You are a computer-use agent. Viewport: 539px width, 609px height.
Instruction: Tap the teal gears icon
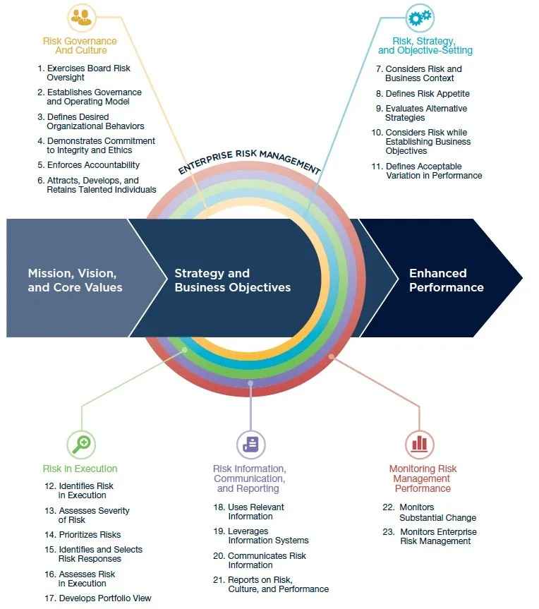pyautogui.click(x=419, y=17)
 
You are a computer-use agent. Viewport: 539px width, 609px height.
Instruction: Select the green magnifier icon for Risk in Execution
pyautogui.click(x=81, y=443)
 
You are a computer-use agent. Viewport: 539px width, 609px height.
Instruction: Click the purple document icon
pyautogui.click(x=250, y=444)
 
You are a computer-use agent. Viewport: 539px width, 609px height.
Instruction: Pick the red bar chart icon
pyautogui.click(x=420, y=443)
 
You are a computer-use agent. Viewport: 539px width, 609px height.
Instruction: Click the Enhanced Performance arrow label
pyautogui.click(x=446, y=280)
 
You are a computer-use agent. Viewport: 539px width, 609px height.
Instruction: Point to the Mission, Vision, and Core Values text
pyautogui.click(x=75, y=280)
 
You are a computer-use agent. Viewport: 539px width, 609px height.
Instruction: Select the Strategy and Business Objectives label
pyautogui.click(x=232, y=280)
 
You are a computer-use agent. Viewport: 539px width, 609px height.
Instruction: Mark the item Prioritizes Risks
pyautogui.click(x=90, y=535)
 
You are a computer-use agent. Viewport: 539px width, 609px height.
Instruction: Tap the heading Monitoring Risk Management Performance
pyautogui.click(x=423, y=478)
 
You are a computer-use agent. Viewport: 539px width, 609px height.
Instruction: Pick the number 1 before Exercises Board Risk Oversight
pyautogui.click(x=41, y=68)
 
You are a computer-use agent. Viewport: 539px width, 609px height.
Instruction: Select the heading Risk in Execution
pyautogui.click(x=80, y=469)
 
